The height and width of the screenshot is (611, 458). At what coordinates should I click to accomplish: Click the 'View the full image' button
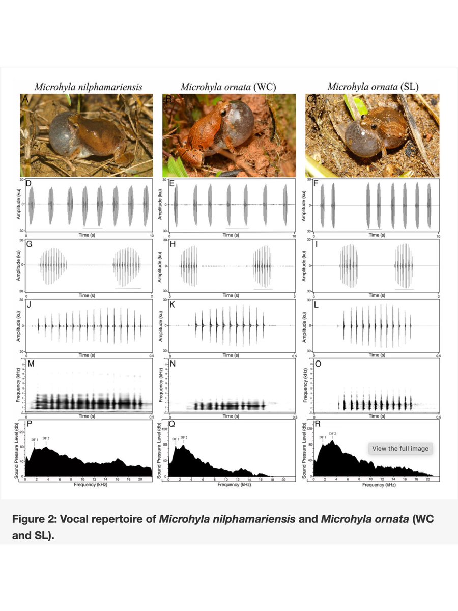[x=400, y=449]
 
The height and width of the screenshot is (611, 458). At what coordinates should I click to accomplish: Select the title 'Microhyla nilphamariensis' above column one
[x=88, y=87]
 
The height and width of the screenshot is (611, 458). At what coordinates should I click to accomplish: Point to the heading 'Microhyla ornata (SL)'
[x=373, y=87]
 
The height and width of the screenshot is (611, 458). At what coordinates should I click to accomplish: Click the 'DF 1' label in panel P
[x=35, y=438]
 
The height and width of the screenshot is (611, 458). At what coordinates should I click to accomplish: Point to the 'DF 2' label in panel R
[x=333, y=434]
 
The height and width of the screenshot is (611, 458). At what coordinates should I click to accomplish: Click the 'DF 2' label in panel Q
[x=184, y=438]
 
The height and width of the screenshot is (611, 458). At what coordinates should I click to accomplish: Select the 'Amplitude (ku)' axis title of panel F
[x=304, y=205]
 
